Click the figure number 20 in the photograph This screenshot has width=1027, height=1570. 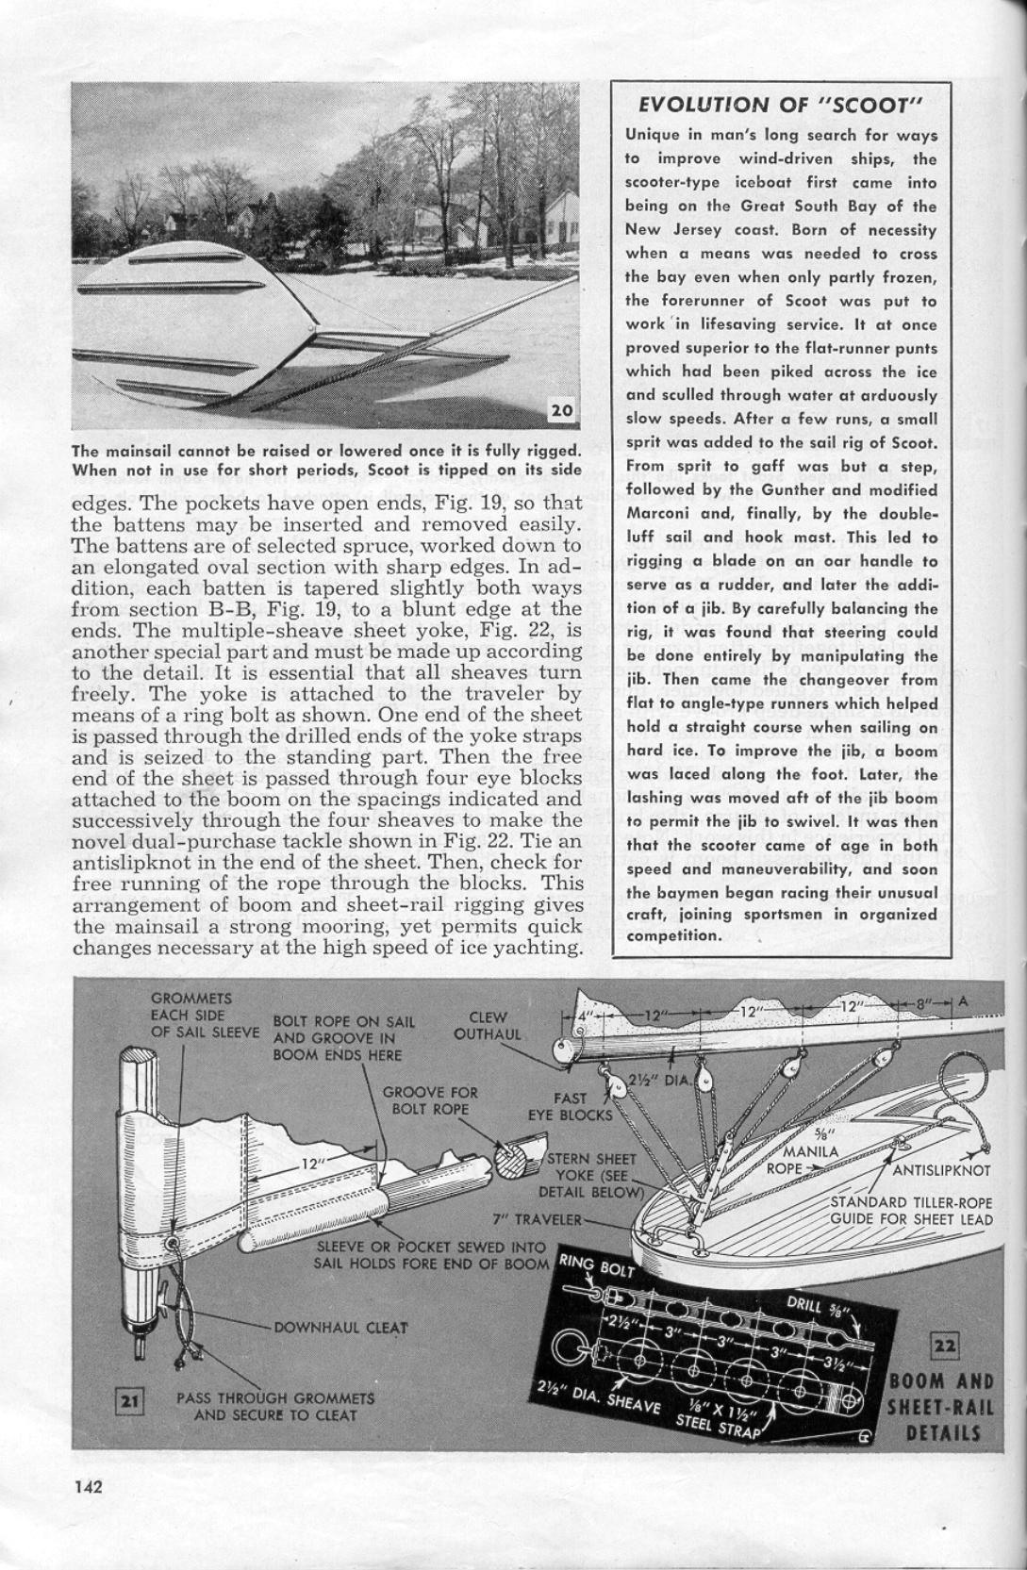point(561,409)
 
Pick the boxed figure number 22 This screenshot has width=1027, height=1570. point(944,1345)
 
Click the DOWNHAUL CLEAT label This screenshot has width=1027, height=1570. point(340,1328)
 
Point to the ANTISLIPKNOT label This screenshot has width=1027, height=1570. point(941,1170)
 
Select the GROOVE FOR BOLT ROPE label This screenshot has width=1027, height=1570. point(430,1100)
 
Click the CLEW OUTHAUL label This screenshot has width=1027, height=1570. point(488,1026)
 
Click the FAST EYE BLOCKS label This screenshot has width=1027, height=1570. point(570,1106)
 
